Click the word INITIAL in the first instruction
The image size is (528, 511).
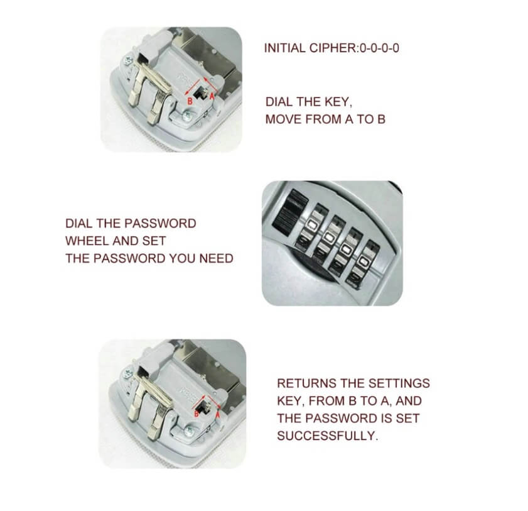(285, 48)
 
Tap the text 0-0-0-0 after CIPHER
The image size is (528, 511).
(379, 48)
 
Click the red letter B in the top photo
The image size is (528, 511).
(190, 101)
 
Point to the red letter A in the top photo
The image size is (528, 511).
(212, 96)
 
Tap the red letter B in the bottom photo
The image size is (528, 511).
(197, 414)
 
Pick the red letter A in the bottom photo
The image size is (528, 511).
(217, 415)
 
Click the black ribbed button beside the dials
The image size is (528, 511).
(288, 212)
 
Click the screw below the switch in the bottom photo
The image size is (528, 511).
(190, 431)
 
